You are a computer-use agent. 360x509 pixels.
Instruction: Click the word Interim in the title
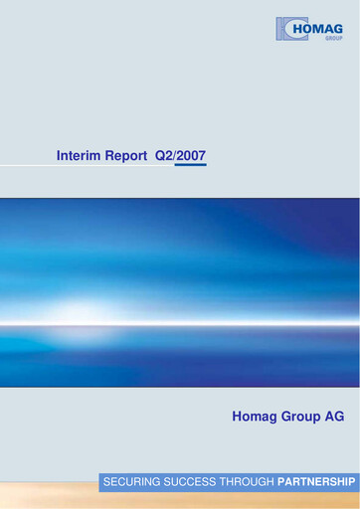click(83, 156)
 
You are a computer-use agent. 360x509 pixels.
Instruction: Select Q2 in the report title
click(163, 156)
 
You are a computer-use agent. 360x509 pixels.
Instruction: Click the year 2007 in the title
click(191, 156)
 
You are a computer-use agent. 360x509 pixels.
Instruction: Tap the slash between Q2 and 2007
click(175, 156)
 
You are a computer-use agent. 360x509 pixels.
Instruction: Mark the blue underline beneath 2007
click(190, 166)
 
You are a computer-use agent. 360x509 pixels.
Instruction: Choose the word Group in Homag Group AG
click(302, 417)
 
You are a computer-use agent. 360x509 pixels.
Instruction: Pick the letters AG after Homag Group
click(335, 417)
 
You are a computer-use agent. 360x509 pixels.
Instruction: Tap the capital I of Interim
click(61, 156)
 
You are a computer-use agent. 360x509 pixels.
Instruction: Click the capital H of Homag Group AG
click(237, 417)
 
